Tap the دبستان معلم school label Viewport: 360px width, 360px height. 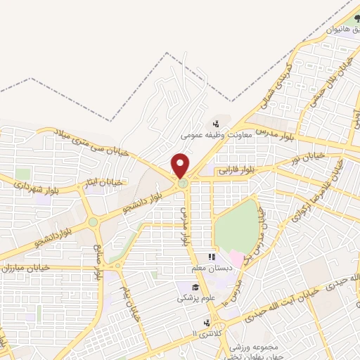coord(210,269)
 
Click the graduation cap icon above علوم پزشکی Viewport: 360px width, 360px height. coord(195,286)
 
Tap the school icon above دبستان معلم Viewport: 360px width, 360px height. coord(210,258)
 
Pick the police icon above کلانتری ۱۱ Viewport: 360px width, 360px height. coord(207,322)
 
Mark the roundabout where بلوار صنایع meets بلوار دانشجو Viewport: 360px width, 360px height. coord(93,222)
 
